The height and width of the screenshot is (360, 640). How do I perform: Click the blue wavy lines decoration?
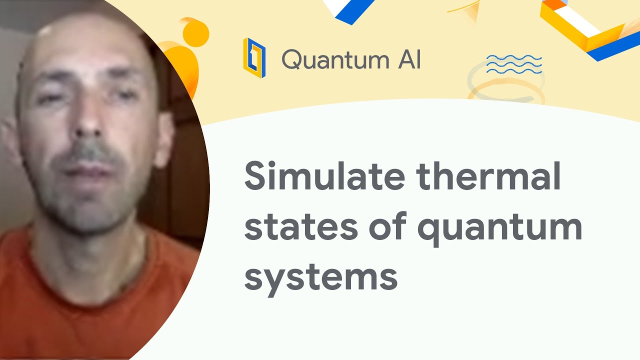click(514, 64)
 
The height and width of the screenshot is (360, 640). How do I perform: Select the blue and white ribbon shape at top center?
click(350, 10)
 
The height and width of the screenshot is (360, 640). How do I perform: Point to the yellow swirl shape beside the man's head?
click(185, 50)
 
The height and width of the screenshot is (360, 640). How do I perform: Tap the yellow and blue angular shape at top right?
click(590, 27)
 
